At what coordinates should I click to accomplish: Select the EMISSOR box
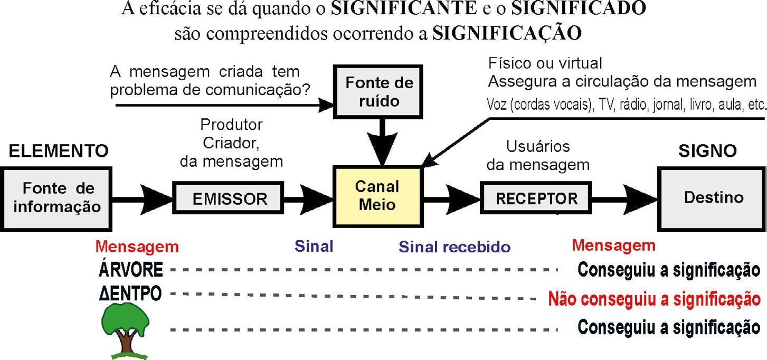[x=230, y=199]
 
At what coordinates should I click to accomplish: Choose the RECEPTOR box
[x=536, y=199]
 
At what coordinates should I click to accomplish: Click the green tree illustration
[x=126, y=331]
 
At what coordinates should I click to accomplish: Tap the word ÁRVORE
[x=131, y=270]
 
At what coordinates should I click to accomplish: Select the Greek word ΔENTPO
[x=130, y=294]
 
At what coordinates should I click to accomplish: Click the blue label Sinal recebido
[x=454, y=247]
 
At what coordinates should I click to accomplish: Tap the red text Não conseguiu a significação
[x=657, y=299]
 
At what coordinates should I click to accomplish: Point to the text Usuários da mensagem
[x=537, y=155]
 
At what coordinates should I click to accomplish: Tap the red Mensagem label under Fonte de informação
[x=137, y=247]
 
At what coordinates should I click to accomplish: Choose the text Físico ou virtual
[x=545, y=64]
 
